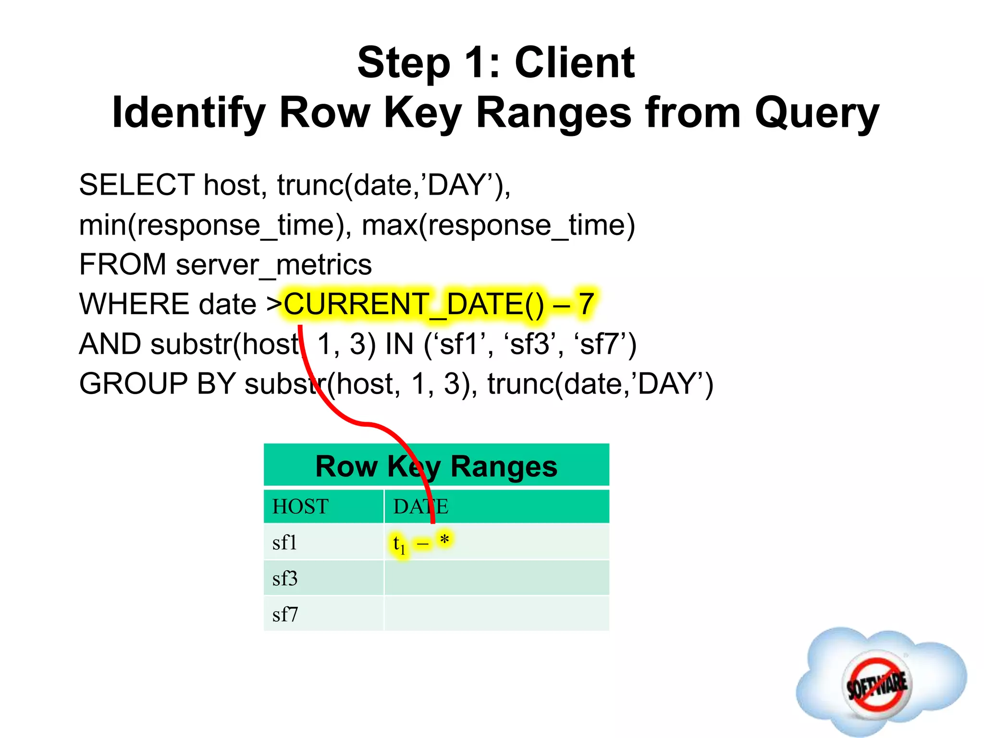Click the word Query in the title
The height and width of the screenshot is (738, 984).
[x=816, y=113]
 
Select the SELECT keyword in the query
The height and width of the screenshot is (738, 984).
[x=137, y=185]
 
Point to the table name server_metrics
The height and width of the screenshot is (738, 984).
[x=274, y=265]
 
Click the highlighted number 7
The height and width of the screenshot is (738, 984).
[x=586, y=304]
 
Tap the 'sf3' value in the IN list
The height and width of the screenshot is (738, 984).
[x=529, y=344]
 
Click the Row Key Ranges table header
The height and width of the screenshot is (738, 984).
[x=436, y=466]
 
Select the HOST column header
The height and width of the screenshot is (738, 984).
[x=300, y=506]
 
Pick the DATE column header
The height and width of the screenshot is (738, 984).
[x=420, y=506]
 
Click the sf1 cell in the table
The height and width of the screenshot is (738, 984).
[x=284, y=542]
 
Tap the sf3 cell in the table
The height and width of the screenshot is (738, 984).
[x=284, y=578]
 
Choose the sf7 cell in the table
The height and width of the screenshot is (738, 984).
[x=284, y=615]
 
